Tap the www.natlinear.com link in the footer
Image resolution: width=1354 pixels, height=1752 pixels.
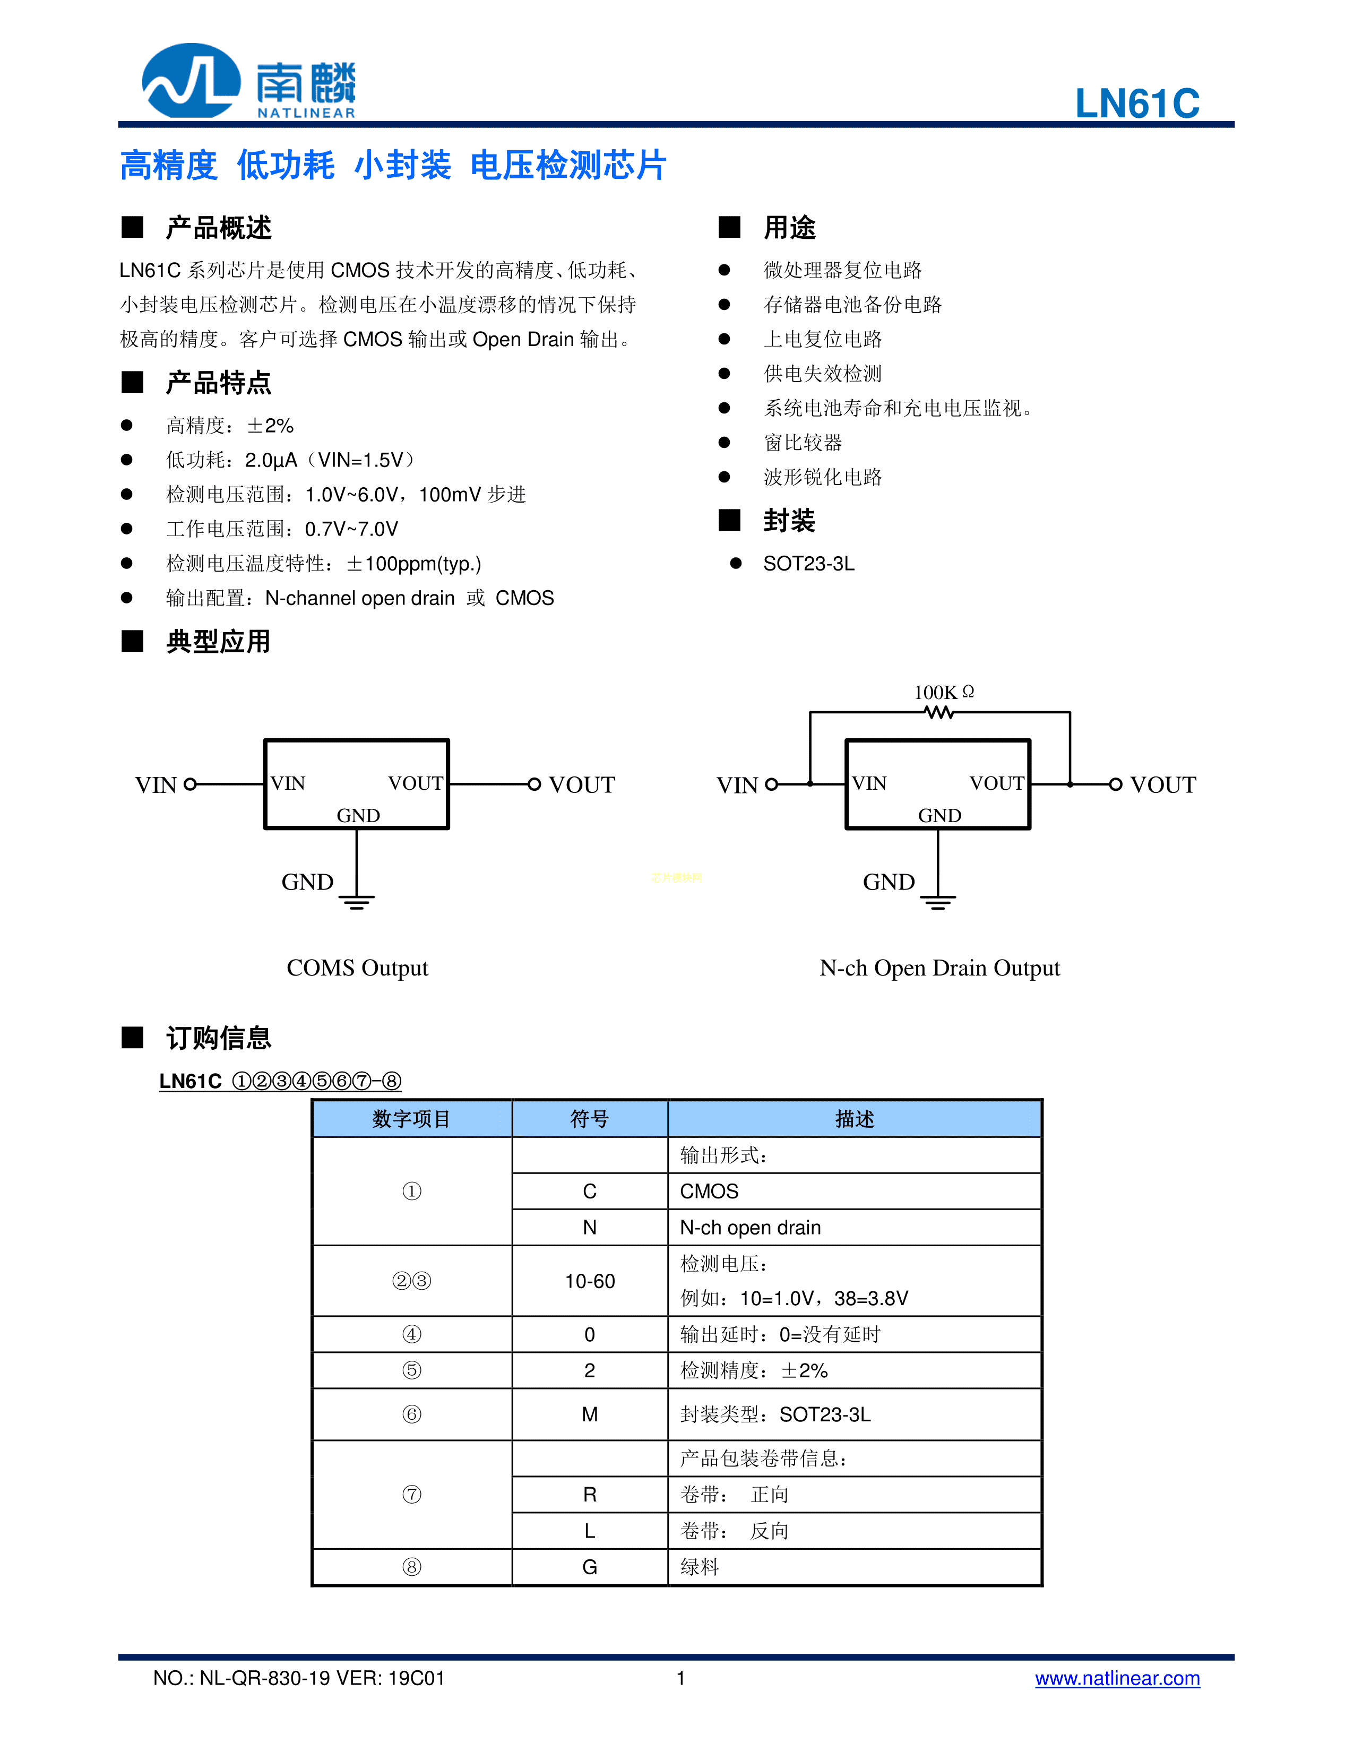coord(1117,1678)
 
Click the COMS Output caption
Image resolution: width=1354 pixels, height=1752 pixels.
coord(357,968)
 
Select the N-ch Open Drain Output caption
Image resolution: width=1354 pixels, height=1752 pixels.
coord(939,968)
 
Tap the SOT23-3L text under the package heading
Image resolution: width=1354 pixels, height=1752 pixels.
coord(808,564)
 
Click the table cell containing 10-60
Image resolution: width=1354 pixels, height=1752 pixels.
coord(590,1281)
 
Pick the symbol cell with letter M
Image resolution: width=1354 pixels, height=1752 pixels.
coord(590,1414)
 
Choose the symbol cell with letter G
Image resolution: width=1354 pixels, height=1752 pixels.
coord(590,1567)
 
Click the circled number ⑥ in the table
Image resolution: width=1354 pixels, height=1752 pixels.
coord(411,1414)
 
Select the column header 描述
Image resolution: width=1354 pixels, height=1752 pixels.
coord(854,1119)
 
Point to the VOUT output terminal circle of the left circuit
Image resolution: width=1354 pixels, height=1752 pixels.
coord(534,784)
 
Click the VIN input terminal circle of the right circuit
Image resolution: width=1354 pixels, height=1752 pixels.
coord(772,784)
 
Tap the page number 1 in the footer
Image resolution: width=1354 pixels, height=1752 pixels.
coord(680,1678)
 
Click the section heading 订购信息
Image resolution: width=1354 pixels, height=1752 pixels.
coord(218,1038)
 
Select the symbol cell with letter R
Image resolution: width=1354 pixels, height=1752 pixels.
coord(590,1495)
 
